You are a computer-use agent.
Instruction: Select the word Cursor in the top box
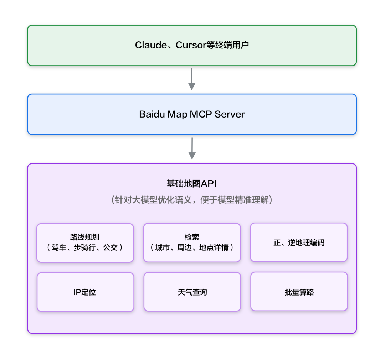point(191,45)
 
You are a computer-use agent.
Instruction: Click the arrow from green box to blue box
point(192,79)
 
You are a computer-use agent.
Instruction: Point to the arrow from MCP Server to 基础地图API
point(192,148)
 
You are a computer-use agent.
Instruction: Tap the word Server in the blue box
point(230,114)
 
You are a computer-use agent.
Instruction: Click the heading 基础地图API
point(191,184)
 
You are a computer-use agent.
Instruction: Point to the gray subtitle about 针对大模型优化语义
point(192,200)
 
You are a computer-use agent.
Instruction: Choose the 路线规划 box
point(85,242)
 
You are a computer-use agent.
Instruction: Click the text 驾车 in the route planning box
point(59,247)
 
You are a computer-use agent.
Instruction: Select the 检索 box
point(192,242)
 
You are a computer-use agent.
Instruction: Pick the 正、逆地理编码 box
point(299,242)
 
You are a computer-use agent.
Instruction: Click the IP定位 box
point(85,292)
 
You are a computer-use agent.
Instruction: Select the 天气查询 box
point(192,292)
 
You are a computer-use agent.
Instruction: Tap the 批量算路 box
point(299,292)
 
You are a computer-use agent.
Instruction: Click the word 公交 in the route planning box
point(110,247)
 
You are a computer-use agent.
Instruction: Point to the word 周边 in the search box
point(184,247)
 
